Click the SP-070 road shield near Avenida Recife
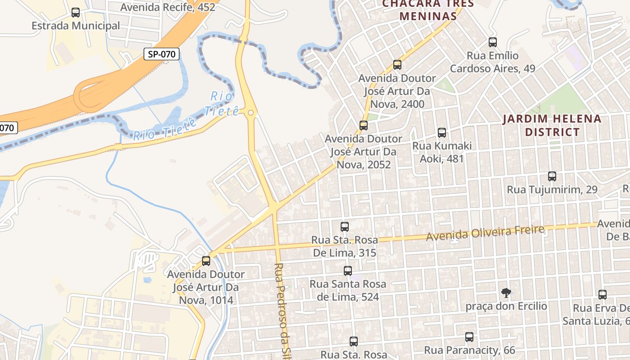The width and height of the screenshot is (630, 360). click(x=162, y=54)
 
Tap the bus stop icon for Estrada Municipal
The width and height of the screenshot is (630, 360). click(x=76, y=13)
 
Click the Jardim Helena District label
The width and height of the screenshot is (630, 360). click(x=552, y=126)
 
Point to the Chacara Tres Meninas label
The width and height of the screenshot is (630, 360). click(x=428, y=10)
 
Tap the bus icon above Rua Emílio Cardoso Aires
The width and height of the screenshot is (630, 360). click(x=493, y=42)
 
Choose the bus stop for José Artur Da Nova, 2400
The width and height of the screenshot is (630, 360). click(x=397, y=65)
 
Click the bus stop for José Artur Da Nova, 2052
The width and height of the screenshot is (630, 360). click(x=364, y=126)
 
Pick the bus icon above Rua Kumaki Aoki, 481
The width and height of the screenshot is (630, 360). click(x=442, y=133)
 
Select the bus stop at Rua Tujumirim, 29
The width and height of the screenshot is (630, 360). click(x=552, y=176)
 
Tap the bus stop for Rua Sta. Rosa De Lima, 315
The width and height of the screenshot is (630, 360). click(x=345, y=227)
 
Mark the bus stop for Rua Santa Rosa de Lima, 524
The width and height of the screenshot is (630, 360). click(x=348, y=271)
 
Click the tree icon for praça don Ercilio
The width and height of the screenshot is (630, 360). click(x=506, y=293)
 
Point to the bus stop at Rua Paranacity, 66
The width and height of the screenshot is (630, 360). click(x=469, y=337)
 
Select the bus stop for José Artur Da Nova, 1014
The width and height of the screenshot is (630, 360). click(x=206, y=261)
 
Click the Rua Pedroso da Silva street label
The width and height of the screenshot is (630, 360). click(x=281, y=310)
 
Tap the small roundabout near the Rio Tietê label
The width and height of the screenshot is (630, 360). click(x=251, y=113)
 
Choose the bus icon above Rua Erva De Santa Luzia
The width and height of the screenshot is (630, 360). click(x=603, y=295)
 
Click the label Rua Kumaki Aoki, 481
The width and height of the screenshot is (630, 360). click(x=442, y=152)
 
